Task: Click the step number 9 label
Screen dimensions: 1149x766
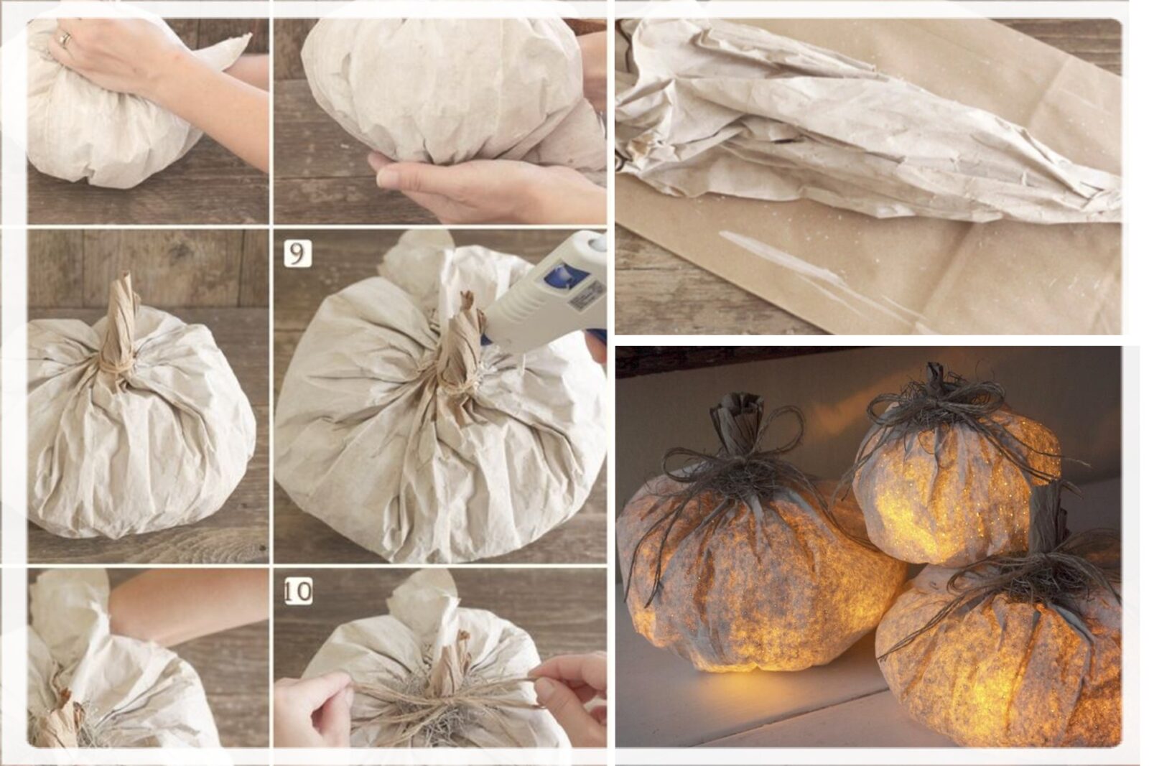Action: (297, 254)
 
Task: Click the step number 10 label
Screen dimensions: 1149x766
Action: (298, 591)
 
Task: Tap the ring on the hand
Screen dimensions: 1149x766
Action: (65, 39)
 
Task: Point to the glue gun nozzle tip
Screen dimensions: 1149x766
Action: (485, 340)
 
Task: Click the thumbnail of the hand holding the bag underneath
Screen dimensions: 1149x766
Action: (439, 121)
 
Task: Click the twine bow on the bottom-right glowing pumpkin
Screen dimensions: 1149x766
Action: (1020, 579)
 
